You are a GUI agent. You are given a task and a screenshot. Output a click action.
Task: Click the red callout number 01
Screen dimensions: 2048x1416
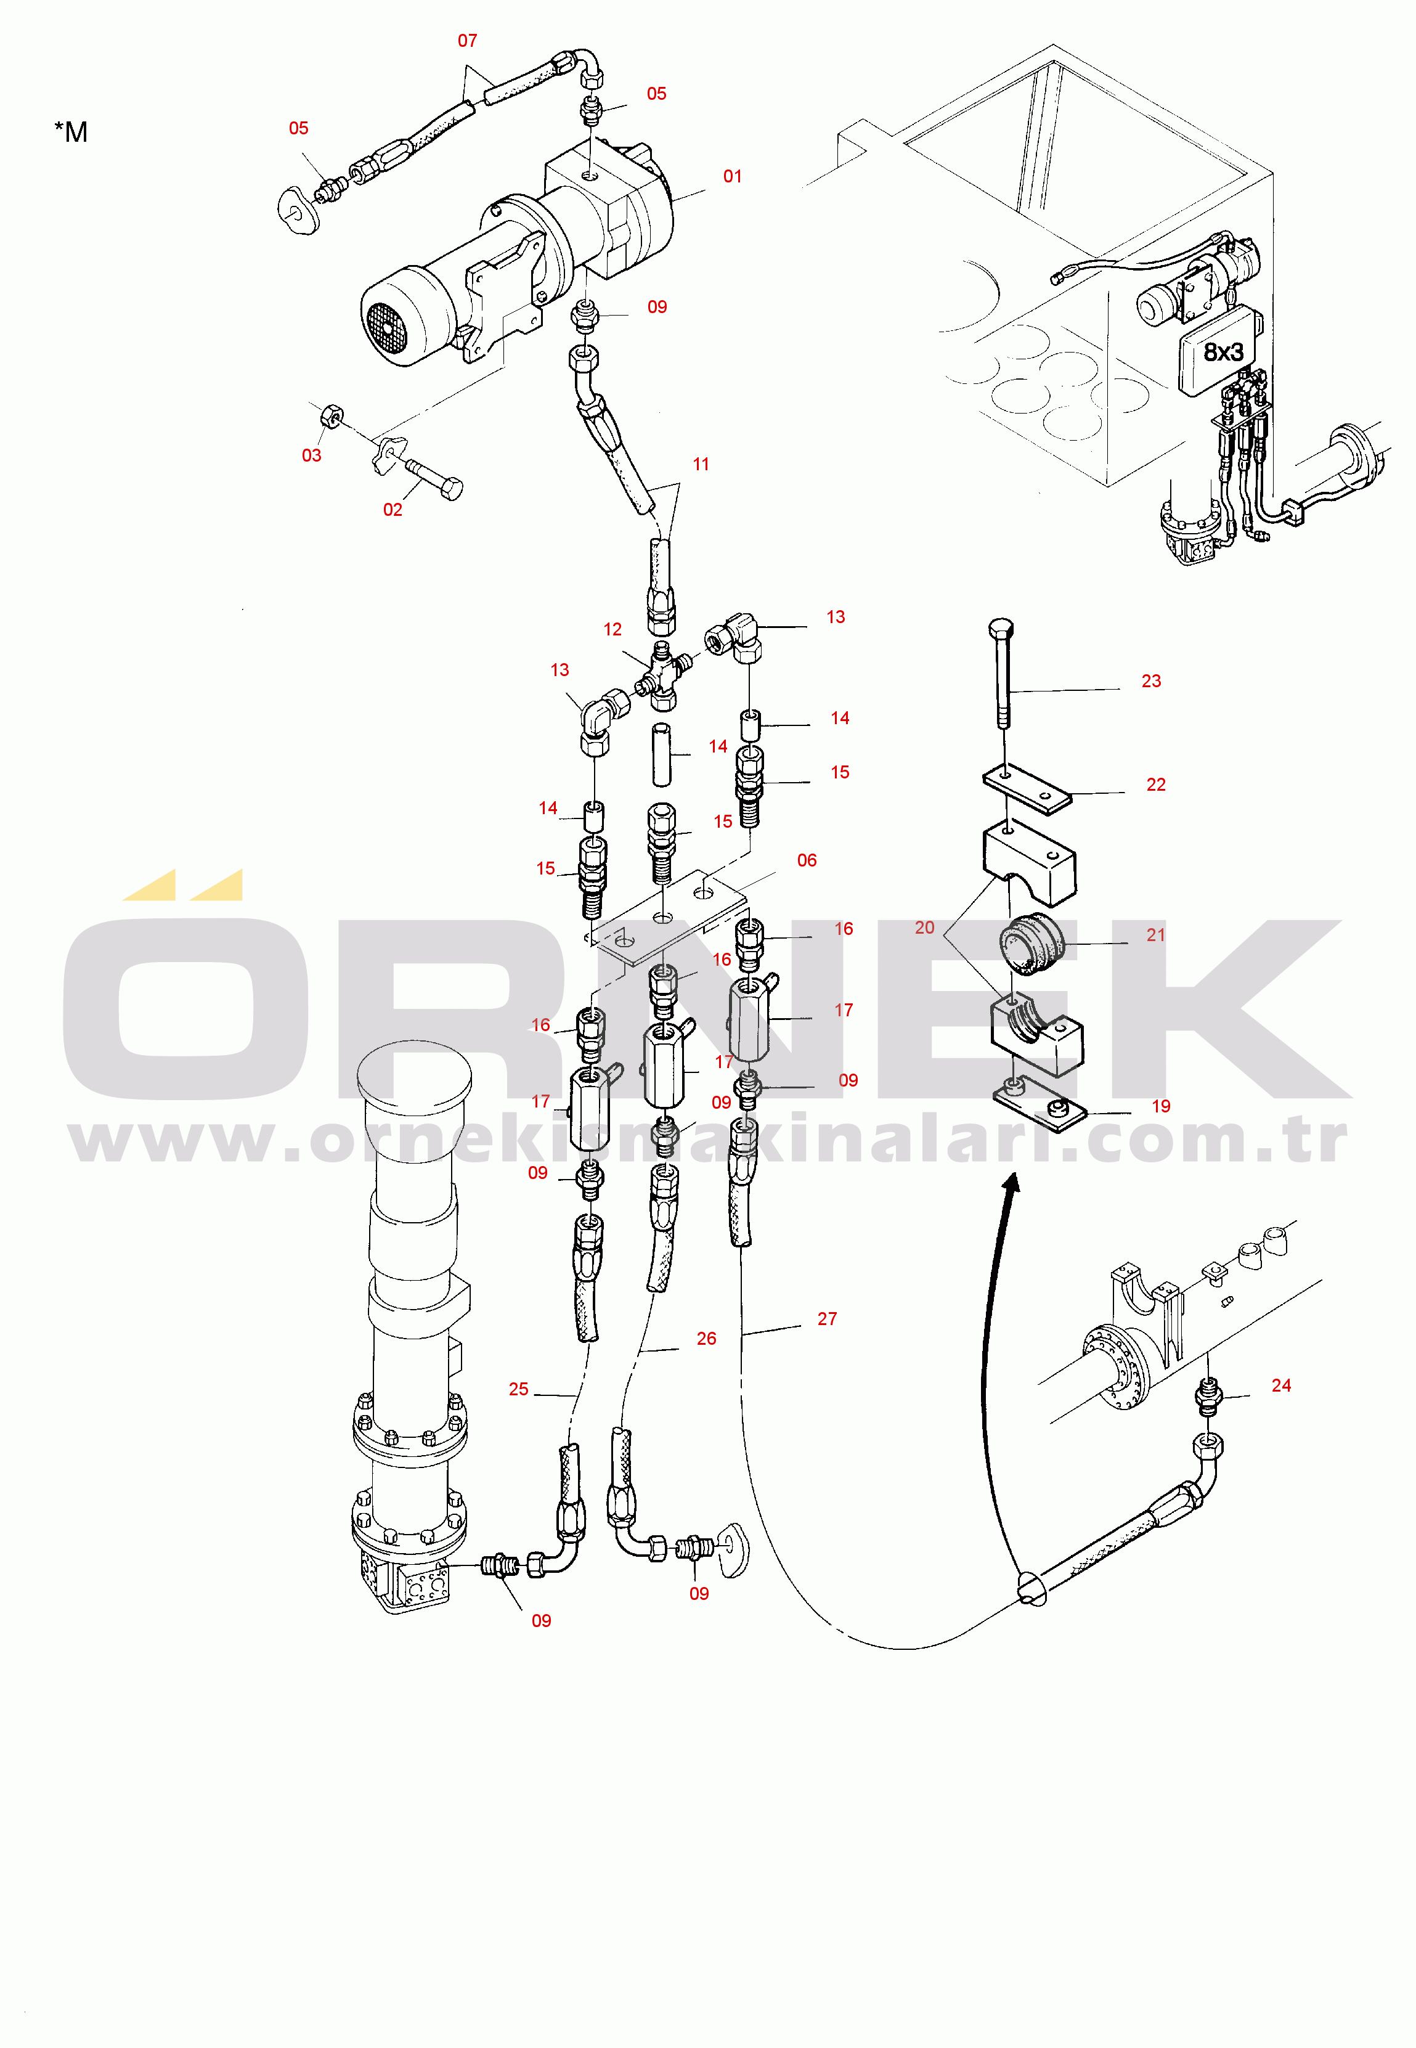point(732,177)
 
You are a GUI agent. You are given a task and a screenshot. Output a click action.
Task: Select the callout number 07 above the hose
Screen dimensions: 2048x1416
point(468,41)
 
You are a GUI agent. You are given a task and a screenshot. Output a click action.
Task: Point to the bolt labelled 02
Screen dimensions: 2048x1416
point(436,479)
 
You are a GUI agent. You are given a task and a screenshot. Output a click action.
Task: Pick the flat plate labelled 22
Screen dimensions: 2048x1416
point(1027,788)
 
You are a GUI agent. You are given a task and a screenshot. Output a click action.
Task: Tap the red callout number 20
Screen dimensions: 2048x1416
point(924,928)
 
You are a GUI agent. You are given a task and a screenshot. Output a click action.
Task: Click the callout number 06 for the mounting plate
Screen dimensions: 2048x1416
point(807,860)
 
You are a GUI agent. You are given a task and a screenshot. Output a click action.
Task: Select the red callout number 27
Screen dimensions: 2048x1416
point(827,1319)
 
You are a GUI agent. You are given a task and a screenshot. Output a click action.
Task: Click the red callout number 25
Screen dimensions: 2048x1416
point(519,1389)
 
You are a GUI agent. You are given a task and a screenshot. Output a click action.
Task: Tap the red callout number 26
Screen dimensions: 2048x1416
point(706,1338)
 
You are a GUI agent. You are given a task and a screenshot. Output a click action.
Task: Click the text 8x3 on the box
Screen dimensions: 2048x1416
point(1223,353)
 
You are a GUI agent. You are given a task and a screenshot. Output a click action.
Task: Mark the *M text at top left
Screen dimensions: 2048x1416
point(71,133)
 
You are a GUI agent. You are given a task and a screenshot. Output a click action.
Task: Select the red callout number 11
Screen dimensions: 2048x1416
point(701,464)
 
